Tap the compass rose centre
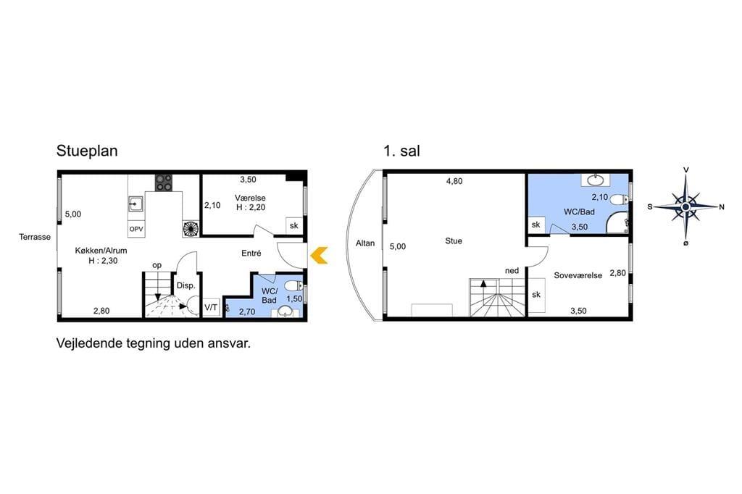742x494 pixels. tap(685, 206)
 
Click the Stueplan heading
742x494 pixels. tap(87, 151)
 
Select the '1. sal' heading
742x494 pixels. tap(401, 151)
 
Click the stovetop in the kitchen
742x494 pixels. tap(164, 183)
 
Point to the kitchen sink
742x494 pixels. tap(136, 204)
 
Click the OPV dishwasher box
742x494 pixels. tap(136, 229)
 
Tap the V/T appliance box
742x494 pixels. tap(211, 308)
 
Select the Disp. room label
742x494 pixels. tap(186, 286)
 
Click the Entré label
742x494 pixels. tap(251, 253)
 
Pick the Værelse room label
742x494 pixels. tap(250, 198)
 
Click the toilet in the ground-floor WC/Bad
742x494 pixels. tap(293, 286)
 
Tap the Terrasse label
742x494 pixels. tap(35, 237)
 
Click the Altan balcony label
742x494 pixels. tap(365, 243)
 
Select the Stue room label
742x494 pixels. tap(454, 241)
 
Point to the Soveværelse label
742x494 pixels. tap(578, 275)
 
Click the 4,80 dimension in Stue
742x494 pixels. tap(454, 181)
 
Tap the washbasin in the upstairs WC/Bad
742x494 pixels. tap(596, 180)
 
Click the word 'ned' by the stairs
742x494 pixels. tap(512, 271)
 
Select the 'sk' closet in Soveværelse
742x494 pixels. tap(536, 295)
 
